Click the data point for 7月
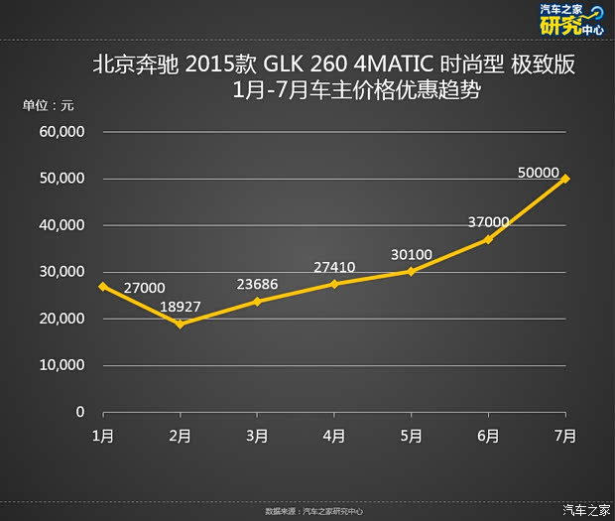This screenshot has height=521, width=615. click(x=565, y=179)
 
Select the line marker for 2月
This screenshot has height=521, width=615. click(x=180, y=324)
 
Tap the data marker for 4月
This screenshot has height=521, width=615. click(x=334, y=284)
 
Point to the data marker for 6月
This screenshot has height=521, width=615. click(x=488, y=239)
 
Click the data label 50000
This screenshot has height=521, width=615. click(x=539, y=172)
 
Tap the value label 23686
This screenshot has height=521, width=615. click(x=257, y=285)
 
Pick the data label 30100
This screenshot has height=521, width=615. click(x=412, y=255)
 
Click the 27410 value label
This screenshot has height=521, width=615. click(x=334, y=267)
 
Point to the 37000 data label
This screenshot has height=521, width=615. click(x=488, y=221)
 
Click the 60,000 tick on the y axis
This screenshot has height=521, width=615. click(x=61, y=132)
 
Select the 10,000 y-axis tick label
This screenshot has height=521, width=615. click(x=61, y=365)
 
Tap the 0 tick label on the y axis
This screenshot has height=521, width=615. click(x=80, y=412)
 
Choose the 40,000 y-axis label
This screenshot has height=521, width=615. click(x=61, y=225)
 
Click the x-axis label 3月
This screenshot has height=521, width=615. click(x=257, y=435)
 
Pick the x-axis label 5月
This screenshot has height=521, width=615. click(x=412, y=435)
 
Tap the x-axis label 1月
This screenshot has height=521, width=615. click(x=102, y=435)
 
